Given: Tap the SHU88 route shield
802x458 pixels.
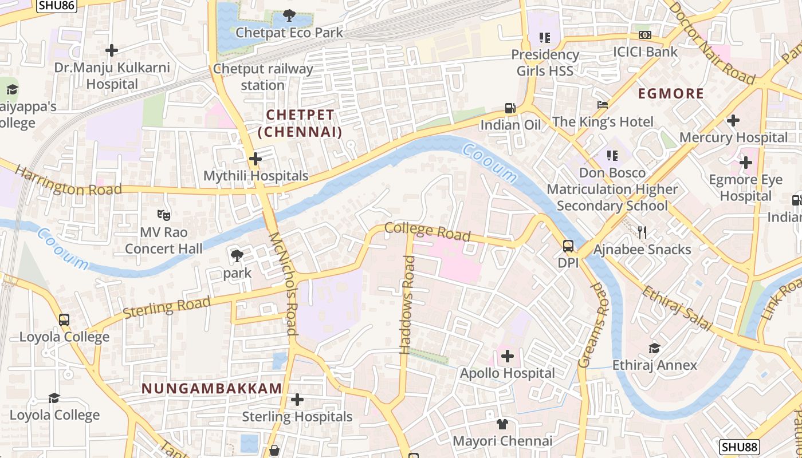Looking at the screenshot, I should pos(740,447).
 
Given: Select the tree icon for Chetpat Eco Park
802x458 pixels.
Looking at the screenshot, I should pos(289,15).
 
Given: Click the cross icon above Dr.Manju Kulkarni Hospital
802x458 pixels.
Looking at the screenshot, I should pos(112,50).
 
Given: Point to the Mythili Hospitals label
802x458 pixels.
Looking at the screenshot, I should pos(256,176).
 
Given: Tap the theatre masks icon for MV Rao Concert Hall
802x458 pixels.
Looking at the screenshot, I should pos(164,215).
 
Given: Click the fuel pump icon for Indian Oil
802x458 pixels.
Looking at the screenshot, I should pos(510,108).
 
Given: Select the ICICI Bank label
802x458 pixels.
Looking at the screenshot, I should pos(645,52).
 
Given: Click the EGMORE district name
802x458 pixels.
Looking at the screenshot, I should pos(671,93).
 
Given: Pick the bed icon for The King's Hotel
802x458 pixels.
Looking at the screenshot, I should pos(603,105).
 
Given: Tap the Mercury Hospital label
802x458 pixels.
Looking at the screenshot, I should pos(733,137).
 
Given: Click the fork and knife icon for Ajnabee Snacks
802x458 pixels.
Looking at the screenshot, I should pos(642,232).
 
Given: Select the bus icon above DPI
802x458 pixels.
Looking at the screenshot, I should pos(568,246).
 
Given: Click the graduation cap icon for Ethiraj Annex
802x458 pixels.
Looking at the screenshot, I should pos(654,348).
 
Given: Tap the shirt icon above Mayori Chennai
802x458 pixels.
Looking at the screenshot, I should pos(502,424).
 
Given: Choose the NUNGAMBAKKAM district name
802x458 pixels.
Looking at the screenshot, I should pos(212,388).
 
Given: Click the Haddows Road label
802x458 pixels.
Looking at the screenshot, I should pos(408,305).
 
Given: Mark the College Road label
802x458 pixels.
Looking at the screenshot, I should pos(427,231).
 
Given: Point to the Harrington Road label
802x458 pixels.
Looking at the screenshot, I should pos(68,181).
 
